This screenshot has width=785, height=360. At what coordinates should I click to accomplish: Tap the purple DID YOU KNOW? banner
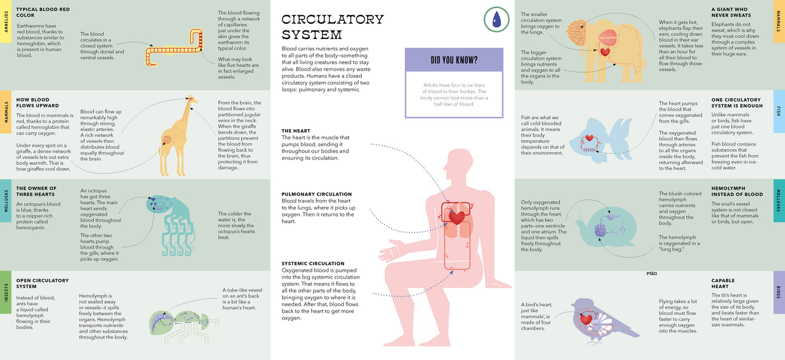click(x=454, y=60)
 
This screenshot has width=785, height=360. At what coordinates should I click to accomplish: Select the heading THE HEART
click(x=296, y=131)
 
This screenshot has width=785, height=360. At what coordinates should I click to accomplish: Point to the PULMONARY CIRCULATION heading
click(x=317, y=194)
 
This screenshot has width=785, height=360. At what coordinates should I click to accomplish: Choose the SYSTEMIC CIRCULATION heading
click(x=313, y=263)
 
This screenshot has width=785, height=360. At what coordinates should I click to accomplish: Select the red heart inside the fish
click(x=589, y=137)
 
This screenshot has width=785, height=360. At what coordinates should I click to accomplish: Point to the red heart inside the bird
click(x=586, y=319)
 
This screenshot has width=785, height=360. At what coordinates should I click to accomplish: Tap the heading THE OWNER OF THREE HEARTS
click(x=36, y=191)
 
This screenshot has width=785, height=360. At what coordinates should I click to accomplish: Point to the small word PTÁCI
click(x=652, y=273)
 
